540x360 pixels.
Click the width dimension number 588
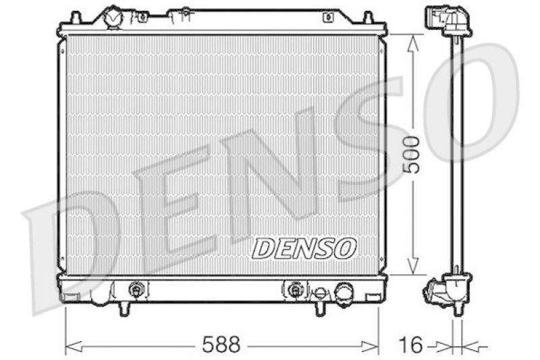tap(221, 345)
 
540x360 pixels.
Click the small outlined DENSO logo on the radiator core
tap(304, 248)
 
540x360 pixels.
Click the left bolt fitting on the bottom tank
tap(137, 290)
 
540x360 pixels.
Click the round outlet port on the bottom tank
tap(344, 292)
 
